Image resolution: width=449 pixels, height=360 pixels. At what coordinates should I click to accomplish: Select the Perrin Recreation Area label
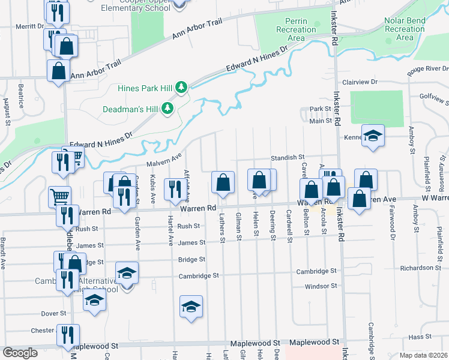[x=292, y=29]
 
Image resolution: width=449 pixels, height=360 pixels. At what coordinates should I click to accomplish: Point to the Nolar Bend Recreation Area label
[x=405, y=29]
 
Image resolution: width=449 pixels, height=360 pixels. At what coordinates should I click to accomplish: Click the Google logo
[x=20, y=353]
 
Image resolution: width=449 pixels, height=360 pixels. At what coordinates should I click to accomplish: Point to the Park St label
[x=321, y=109]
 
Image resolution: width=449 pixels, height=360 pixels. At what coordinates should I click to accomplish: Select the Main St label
[x=321, y=121]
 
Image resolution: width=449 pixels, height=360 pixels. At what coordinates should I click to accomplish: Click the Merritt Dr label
[x=31, y=26]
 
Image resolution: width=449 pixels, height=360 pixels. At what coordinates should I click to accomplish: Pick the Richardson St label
[x=421, y=268]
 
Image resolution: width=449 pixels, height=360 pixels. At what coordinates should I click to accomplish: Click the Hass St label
[x=417, y=338]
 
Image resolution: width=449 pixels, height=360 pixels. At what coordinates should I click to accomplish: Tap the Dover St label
[x=53, y=313]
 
